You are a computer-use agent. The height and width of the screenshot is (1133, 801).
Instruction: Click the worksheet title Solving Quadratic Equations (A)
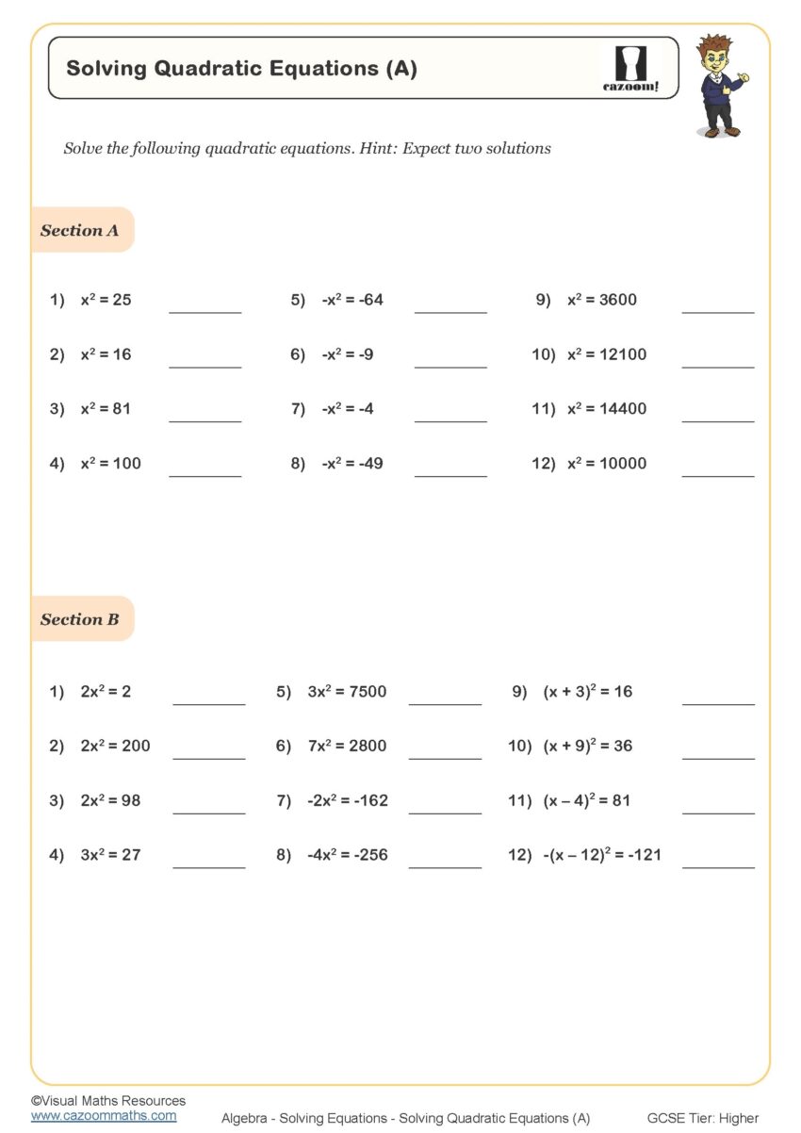(x=241, y=68)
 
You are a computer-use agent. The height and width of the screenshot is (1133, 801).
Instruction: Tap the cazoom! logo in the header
(x=630, y=69)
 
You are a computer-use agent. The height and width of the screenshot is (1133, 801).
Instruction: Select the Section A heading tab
(x=80, y=230)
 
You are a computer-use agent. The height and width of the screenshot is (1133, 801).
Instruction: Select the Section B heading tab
(x=80, y=619)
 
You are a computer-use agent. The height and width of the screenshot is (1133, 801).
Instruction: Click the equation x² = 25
(x=106, y=300)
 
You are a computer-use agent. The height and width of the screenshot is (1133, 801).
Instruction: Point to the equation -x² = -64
(x=352, y=300)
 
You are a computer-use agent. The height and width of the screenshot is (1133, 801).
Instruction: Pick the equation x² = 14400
(x=606, y=409)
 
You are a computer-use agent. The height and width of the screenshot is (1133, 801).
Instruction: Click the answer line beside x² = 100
(x=204, y=475)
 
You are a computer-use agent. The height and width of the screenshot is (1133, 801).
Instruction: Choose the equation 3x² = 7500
(x=347, y=692)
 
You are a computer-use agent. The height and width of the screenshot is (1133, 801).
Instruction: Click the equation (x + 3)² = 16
(x=587, y=692)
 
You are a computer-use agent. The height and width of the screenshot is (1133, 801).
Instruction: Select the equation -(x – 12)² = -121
(x=602, y=855)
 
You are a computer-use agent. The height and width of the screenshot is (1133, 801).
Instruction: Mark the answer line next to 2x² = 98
(x=208, y=812)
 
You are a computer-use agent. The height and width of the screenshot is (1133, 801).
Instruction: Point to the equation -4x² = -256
(x=347, y=855)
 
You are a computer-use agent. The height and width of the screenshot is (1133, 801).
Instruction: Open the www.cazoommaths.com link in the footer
(x=104, y=1115)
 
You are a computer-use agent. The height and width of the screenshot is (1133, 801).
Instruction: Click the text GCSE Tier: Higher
(x=702, y=1118)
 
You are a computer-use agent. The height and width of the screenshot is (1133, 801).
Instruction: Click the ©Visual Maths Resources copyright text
(x=108, y=1100)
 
